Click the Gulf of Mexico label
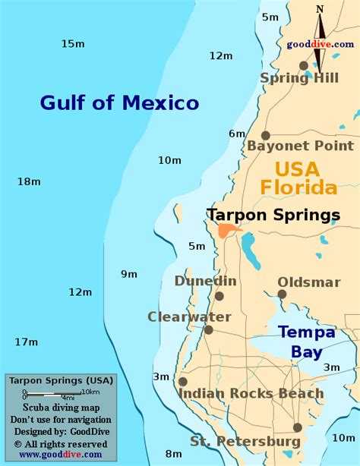pos(119,102)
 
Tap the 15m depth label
pos(73,43)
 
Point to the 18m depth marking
pos(28,181)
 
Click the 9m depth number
pos(129,274)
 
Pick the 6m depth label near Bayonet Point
pos(237,134)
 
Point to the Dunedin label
pos(205,281)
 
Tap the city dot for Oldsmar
pos(282,294)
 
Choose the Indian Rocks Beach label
pos(251,394)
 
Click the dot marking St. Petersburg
pos(298,427)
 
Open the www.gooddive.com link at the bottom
pos(60,455)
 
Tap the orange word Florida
pos(298,187)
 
